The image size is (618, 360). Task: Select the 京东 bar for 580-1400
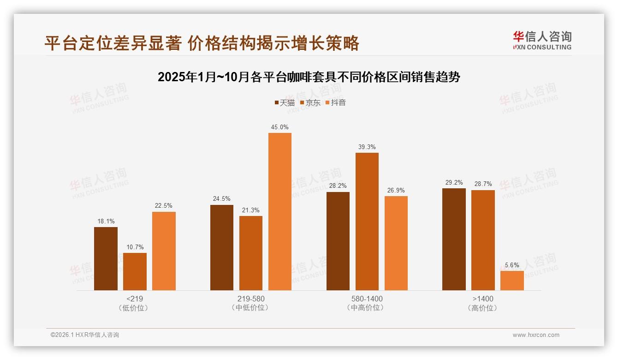tap(367, 222)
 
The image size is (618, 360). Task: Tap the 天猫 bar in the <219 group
tap(106, 258)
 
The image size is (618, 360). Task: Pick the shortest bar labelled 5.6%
tap(512, 281)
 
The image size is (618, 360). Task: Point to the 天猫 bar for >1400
tap(454, 239)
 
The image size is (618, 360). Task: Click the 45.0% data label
tap(280, 127)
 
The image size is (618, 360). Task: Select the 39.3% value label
tap(367, 147)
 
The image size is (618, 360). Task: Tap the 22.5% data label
tap(164, 206)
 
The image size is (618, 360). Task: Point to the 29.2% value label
tap(454, 182)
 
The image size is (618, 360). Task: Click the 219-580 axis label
tap(251, 299)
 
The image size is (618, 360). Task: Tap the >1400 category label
tap(483, 299)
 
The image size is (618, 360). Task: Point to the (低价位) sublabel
tap(135, 308)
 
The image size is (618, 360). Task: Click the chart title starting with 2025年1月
tap(309, 77)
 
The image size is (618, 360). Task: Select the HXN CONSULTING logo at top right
tap(542, 40)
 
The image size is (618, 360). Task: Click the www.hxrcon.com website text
tap(536, 335)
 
